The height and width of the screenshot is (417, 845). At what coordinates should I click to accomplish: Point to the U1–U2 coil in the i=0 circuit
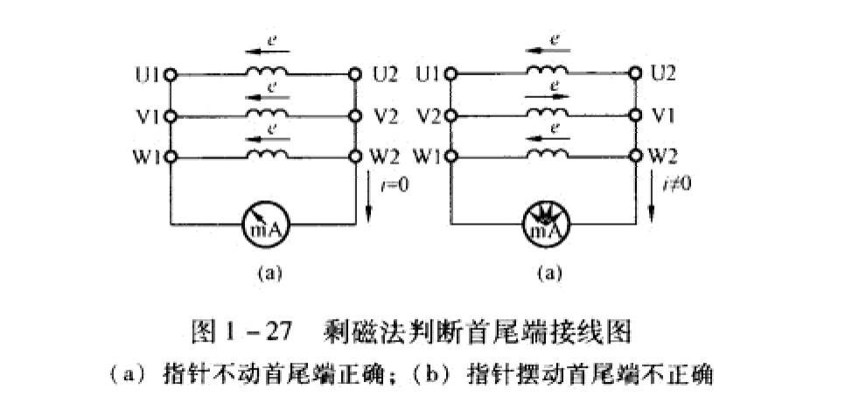point(267,73)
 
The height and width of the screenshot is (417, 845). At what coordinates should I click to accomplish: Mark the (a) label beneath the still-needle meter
point(269,273)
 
